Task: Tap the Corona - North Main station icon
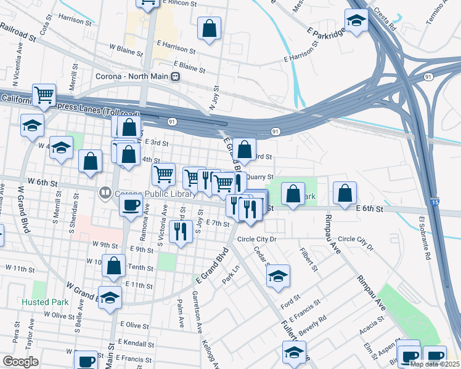coord(176,77)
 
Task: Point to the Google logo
coord(20,362)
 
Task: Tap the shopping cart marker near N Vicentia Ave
coord(44,95)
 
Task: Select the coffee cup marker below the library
coord(131,205)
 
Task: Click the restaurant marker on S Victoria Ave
coord(180,231)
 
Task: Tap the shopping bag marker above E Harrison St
coord(210,28)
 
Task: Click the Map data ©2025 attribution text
coord(435,364)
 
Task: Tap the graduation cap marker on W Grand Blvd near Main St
coord(110,298)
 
